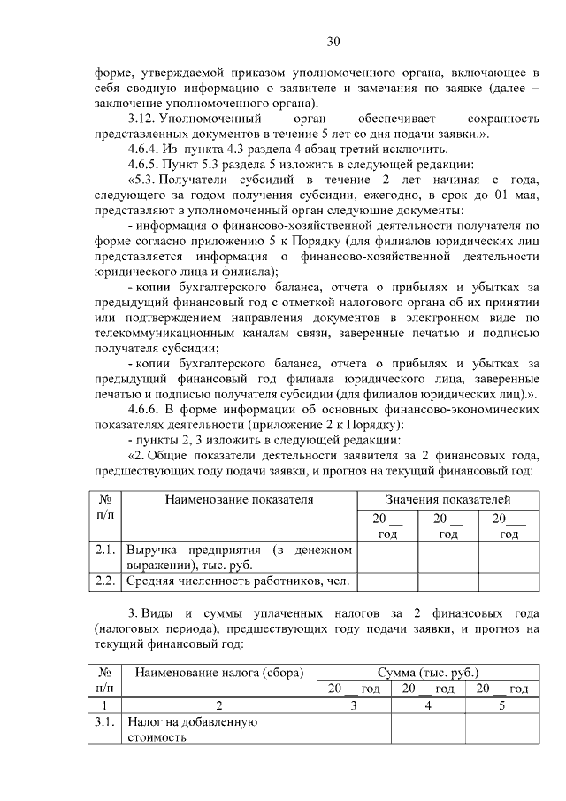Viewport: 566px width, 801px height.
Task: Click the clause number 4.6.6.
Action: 147,409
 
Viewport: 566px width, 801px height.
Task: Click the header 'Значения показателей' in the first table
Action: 448,499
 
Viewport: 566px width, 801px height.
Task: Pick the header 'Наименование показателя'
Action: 239,499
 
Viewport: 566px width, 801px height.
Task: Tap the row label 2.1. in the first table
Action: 105,550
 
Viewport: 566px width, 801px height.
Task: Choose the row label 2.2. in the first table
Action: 105,581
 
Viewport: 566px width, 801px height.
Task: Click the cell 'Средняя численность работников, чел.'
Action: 240,581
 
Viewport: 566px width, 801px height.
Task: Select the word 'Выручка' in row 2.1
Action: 152,550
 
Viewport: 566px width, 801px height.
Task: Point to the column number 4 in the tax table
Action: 428,705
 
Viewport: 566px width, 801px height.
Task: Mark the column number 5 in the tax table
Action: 501,705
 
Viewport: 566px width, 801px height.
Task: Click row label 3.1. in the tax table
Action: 105,722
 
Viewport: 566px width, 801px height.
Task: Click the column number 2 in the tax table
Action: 218,705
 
